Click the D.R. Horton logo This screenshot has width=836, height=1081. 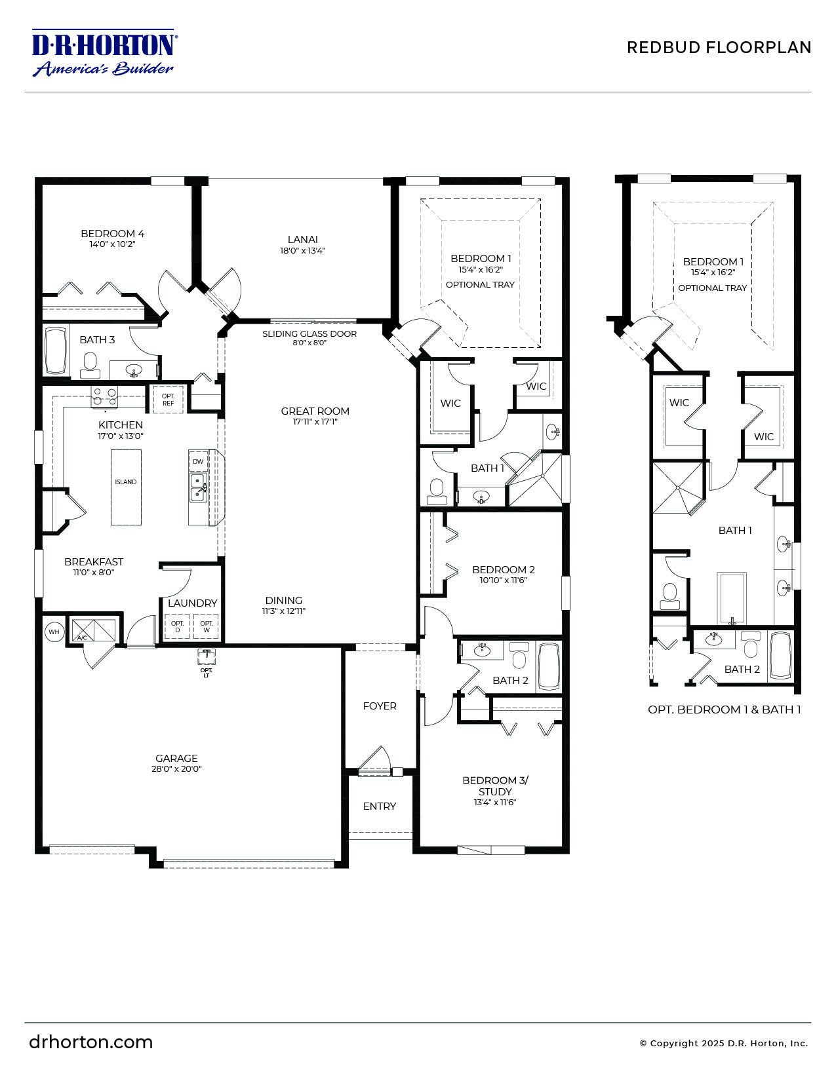pyautogui.click(x=104, y=52)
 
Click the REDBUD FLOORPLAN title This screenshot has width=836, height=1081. pyautogui.click(x=719, y=47)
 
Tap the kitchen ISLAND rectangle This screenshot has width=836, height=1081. pyautogui.click(x=126, y=487)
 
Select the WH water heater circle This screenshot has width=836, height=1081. pyautogui.click(x=54, y=632)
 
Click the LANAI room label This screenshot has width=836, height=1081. pyautogui.click(x=302, y=240)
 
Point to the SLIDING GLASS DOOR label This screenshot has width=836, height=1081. pyautogui.click(x=309, y=334)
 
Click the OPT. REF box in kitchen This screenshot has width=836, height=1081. pyautogui.click(x=169, y=400)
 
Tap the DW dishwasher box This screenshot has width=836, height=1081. pyautogui.click(x=198, y=461)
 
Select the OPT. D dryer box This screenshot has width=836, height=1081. pyautogui.click(x=177, y=627)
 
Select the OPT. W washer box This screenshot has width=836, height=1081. pyautogui.click(x=206, y=627)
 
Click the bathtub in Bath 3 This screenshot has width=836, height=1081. pyautogui.click(x=55, y=351)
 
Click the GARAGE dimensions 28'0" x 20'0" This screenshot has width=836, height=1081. pyautogui.click(x=176, y=769)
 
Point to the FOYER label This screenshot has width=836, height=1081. pyautogui.click(x=380, y=706)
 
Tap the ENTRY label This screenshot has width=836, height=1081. pyautogui.click(x=380, y=806)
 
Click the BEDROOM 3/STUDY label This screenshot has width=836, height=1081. pyautogui.click(x=495, y=786)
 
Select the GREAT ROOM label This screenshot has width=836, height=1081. pyautogui.click(x=315, y=411)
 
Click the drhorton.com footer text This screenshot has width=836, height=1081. pyautogui.click(x=90, y=1042)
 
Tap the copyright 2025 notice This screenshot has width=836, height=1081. pyautogui.click(x=723, y=1044)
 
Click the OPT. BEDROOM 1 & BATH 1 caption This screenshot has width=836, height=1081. pyautogui.click(x=724, y=710)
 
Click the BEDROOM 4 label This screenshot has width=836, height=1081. pyautogui.click(x=112, y=234)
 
